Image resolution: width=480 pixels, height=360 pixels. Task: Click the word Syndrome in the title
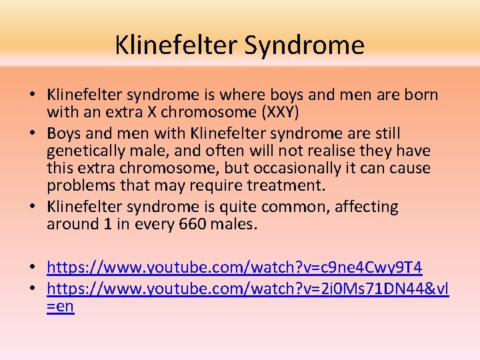[x=304, y=45]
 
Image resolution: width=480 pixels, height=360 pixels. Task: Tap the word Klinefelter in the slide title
[x=175, y=45]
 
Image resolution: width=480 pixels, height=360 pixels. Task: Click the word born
[x=419, y=95]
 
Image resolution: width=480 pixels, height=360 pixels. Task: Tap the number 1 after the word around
[x=107, y=224]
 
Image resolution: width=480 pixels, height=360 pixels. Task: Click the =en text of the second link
[x=61, y=307]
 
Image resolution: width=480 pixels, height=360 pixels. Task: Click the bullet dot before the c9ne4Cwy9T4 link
[x=32, y=268]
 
